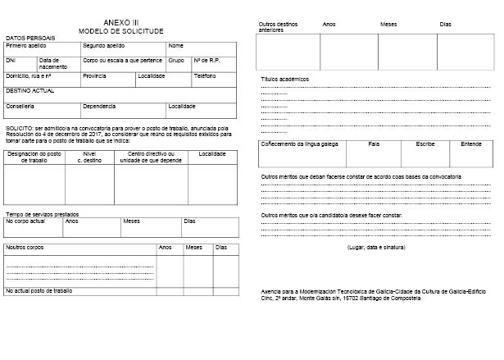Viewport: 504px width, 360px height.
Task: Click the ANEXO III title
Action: [121, 21]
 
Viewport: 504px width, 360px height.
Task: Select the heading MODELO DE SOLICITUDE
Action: [121, 30]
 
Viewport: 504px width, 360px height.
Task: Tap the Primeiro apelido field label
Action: [25, 45]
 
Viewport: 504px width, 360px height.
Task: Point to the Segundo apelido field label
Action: [104, 45]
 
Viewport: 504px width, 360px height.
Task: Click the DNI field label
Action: [11, 60]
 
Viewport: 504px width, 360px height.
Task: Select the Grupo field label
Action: [176, 60]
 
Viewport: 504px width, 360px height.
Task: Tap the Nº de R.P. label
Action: [207, 60]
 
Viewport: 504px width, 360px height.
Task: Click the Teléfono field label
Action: [204, 75]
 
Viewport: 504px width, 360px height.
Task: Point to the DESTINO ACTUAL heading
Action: [30, 90]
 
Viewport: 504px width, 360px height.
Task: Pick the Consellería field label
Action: [20, 106]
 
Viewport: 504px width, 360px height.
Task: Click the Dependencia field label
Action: [99, 106]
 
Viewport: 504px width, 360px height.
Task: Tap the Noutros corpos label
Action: [25, 247]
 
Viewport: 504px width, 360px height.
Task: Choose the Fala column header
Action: [374, 144]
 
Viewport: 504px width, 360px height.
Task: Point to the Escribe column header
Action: [425, 144]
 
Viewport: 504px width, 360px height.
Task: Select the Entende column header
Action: [471, 144]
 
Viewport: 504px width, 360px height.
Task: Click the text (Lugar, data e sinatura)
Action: [376, 247]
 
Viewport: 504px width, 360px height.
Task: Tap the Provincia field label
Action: [94, 75]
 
